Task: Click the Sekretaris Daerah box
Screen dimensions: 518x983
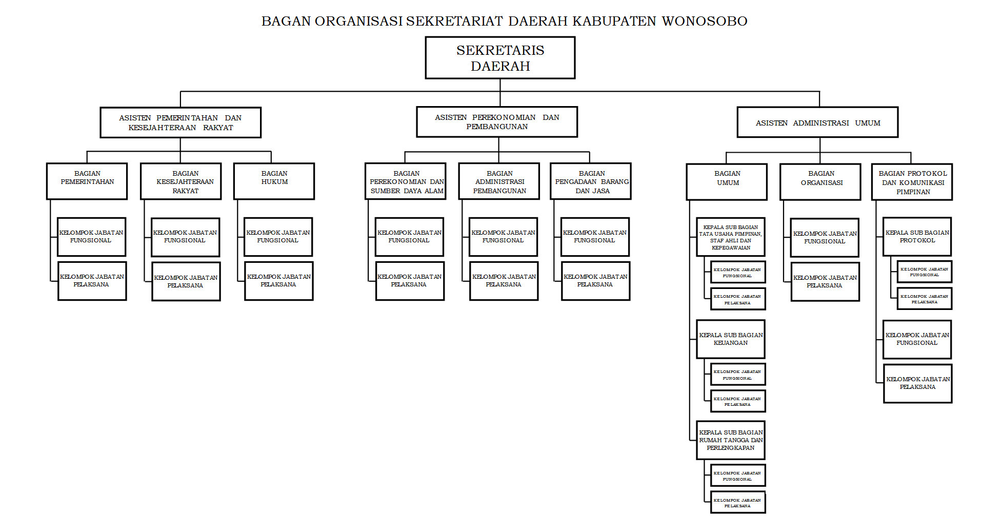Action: point(500,58)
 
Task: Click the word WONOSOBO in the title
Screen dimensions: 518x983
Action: point(704,21)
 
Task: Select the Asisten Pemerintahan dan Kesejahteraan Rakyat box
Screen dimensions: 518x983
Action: point(180,122)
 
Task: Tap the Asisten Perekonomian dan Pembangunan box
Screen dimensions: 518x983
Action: point(497,122)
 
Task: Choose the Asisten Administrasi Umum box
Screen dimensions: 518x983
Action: point(817,122)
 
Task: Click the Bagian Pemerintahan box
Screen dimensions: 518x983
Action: point(87,181)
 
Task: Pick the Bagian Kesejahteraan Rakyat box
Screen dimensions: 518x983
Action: point(181,181)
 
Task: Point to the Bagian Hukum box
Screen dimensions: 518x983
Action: point(274,181)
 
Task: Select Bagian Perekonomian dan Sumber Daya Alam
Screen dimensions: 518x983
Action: point(406,181)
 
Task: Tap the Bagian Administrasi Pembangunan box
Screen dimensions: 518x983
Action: point(499,181)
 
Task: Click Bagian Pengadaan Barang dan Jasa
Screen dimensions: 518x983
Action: point(591,181)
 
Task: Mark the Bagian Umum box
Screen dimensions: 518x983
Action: point(727,182)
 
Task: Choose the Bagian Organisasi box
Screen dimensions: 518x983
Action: point(820,182)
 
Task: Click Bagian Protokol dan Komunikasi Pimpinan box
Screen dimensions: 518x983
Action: point(912,182)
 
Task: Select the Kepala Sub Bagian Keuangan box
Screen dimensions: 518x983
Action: point(731,339)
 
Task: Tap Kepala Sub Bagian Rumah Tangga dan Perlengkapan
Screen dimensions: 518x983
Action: point(731,440)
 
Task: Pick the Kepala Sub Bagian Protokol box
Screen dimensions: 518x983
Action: point(917,237)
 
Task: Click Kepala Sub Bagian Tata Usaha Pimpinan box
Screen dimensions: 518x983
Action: point(731,237)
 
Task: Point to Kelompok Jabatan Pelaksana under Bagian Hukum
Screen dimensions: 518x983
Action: point(279,281)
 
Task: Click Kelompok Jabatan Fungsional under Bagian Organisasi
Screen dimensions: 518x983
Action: point(825,238)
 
